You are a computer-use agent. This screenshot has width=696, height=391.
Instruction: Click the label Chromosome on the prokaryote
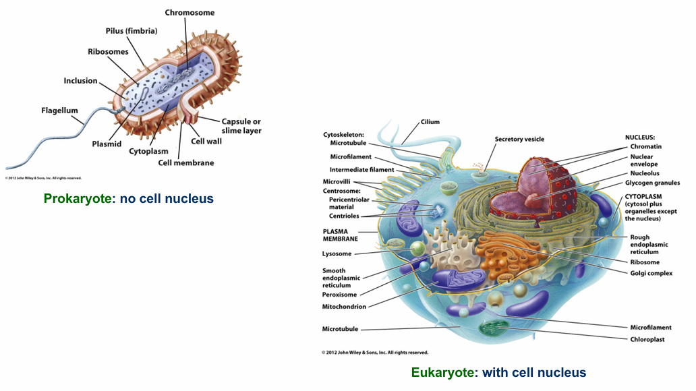pos(190,12)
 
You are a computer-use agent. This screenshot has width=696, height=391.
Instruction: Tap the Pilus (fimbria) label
pos(132,31)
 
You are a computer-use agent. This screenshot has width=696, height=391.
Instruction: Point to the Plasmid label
pos(107,144)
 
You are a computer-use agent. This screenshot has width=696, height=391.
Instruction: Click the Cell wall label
pos(206,142)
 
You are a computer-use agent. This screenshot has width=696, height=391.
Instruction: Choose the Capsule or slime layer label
pos(241,126)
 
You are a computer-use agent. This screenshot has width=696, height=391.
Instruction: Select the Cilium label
pos(430,122)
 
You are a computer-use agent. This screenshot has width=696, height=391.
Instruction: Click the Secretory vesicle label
pos(519,140)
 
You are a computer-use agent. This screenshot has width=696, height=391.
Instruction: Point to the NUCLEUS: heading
pos(640,137)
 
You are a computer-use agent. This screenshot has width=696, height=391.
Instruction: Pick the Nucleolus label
pos(645,173)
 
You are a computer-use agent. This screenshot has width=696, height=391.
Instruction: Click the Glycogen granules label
pos(652,183)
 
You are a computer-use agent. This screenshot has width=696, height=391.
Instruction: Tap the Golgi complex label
pos(651,273)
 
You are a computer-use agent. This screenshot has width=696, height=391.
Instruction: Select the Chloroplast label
pos(647,339)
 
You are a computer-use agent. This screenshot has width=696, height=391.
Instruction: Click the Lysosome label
pos(337,254)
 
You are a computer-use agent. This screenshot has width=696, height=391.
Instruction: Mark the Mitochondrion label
pos(344,307)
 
